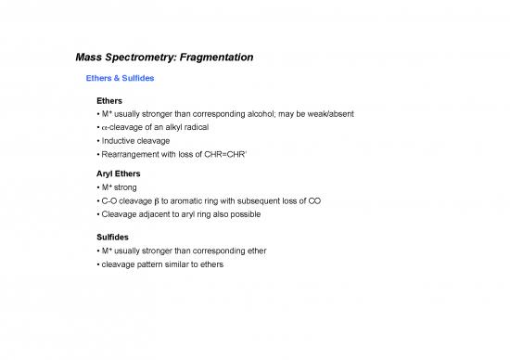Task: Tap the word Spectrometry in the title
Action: click(x=132, y=58)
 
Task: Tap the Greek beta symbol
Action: click(x=161, y=201)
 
